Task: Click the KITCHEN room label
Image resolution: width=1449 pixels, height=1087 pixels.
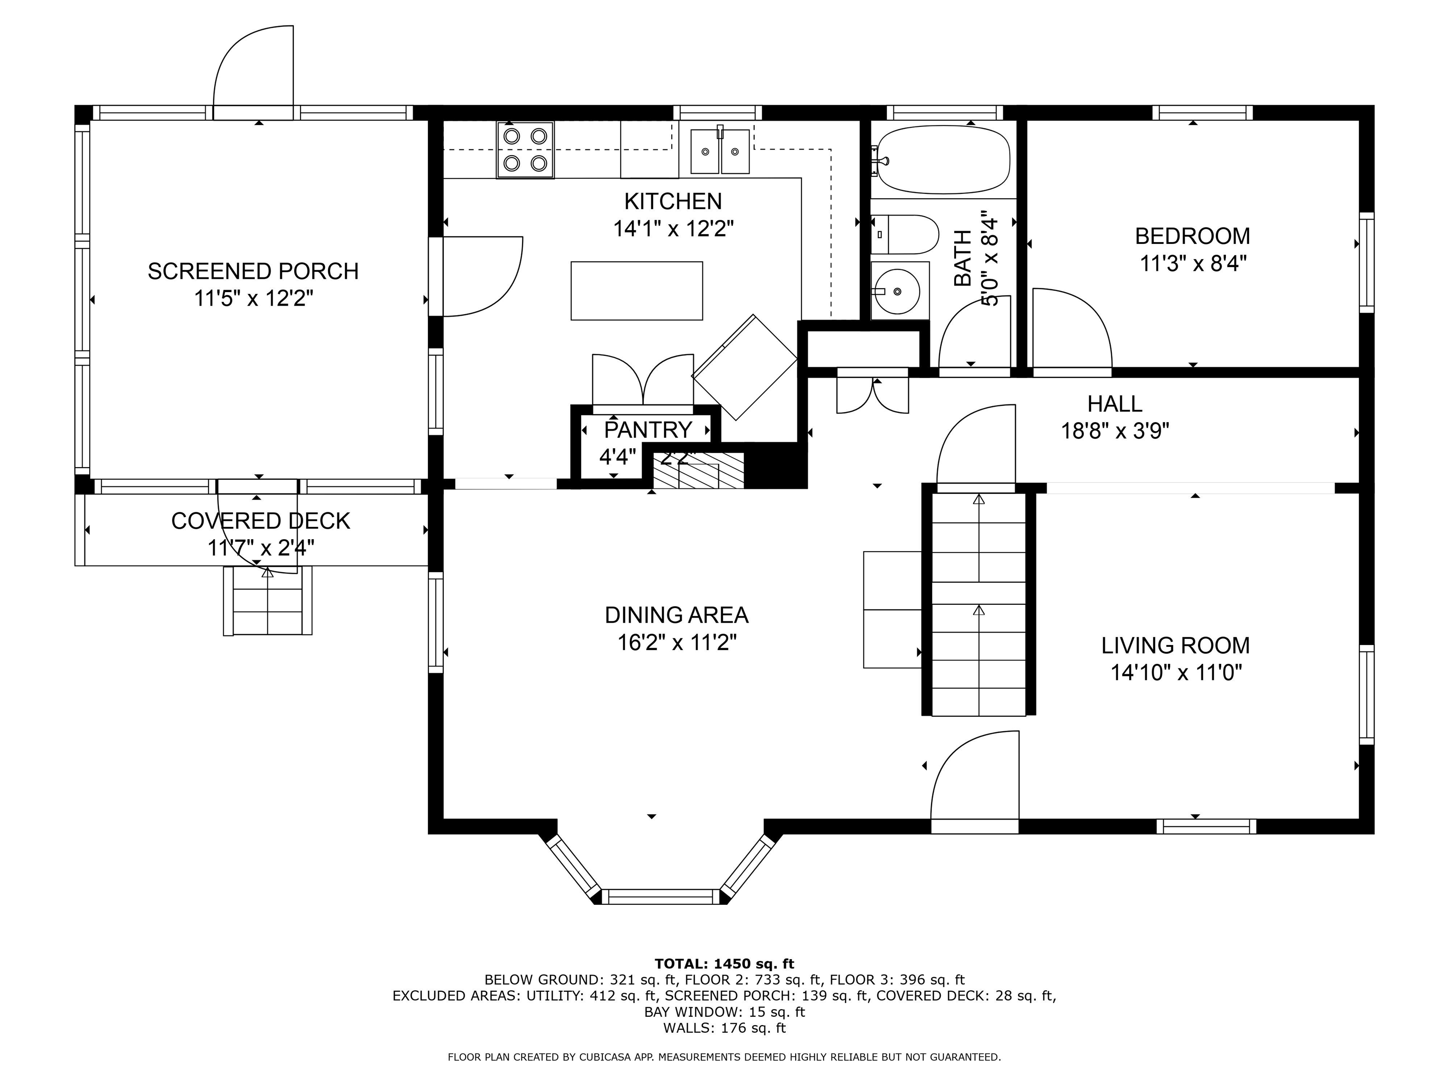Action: point(673,201)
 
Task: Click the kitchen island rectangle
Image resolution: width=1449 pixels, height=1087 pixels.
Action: point(636,291)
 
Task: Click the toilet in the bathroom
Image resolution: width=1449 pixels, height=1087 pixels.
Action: point(904,234)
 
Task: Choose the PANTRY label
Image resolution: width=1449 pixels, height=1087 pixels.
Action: point(647,430)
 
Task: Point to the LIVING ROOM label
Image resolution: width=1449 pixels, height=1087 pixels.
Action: point(1175,645)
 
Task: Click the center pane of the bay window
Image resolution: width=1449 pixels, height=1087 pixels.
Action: point(660,897)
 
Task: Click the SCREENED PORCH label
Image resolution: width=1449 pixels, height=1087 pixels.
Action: point(253,271)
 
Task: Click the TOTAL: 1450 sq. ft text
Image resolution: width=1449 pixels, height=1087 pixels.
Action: point(724,964)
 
